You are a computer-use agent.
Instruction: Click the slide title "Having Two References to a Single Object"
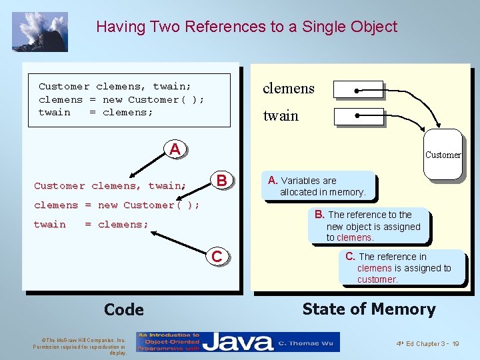[x=246, y=27]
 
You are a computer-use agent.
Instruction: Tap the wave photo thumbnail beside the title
[x=40, y=31]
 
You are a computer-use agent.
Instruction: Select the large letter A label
[x=175, y=149]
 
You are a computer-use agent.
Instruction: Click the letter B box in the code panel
[x=223, y=180]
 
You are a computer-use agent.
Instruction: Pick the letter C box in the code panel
[x=217, y=256]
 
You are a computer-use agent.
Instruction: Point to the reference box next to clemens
[x=358, y=90]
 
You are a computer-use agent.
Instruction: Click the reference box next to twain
[x=358, y=117]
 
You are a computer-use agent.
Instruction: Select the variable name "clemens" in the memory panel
[x=288, y=89]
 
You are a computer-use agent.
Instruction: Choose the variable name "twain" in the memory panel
[x=281, y=116]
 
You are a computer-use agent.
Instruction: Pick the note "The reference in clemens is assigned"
[x=401, y=267]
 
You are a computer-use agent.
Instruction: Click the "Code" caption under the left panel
[x=124, y=309]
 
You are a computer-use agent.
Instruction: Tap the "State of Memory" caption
[x=369, y=309]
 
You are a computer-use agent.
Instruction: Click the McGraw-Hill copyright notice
[x=79, y=346]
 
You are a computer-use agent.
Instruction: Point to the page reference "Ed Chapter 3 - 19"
[x=427, y=343]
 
